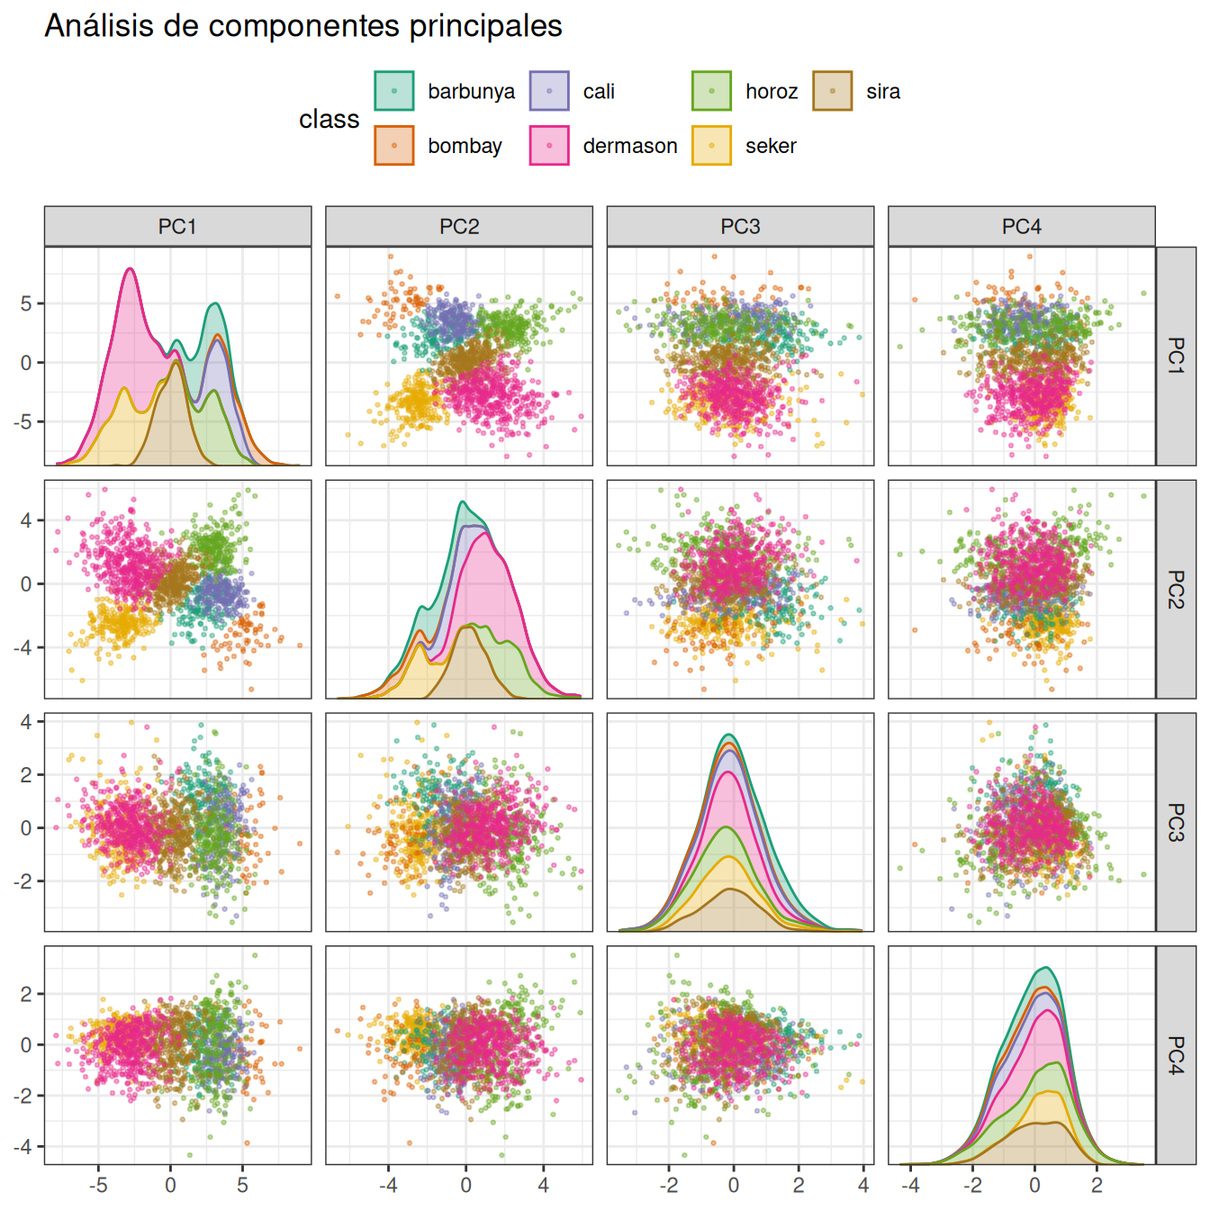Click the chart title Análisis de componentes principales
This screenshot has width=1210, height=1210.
click(303, 26)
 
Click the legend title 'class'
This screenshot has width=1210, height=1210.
click(329, 119)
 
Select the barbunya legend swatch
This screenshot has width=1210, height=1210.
click(394, 91)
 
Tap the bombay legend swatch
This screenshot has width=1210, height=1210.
click(394, 146)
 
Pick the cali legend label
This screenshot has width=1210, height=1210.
click(599, 92)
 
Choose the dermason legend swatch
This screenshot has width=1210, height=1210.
click(549, 146)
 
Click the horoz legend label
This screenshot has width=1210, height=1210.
click(772, 92)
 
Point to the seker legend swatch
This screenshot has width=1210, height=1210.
click(711, 146)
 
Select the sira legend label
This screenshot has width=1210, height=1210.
click(883, 92)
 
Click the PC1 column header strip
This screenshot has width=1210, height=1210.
click(177, 227)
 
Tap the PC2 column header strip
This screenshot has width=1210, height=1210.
click(459, 227)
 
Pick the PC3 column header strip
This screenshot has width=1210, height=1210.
click(740, 227)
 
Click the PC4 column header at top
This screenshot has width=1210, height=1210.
click(1021, 227)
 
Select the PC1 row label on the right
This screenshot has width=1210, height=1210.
click(1176, 356)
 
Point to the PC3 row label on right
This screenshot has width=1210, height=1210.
click(1176, 822)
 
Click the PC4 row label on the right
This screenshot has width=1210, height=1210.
click(1176, 1055)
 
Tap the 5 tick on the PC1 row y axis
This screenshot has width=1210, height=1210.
click(27, 303)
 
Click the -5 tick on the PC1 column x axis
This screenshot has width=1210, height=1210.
click(98, 1185)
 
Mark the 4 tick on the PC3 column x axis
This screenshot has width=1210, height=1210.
click(863, 1185)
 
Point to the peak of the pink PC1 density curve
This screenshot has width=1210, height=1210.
click(130, 268)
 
